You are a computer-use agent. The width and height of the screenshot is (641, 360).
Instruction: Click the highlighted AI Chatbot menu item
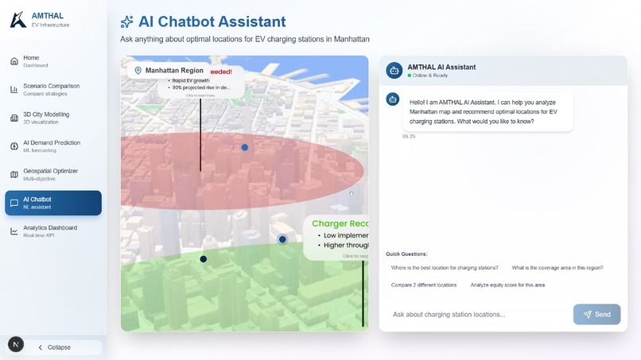pyautogui.click(x=52, y=203)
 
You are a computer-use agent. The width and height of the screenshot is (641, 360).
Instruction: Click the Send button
pyautogui.click(x=596, y=314)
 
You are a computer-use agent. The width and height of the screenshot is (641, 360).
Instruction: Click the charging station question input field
pyautogui.click(x=477, y=314)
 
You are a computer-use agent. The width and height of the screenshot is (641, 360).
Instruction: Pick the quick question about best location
pyautogui.click(x=445, y=268)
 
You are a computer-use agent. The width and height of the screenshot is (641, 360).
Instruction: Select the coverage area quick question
pyautogui.click(x=557, y=268)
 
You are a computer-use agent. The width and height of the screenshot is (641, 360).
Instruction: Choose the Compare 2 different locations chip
pyautogui.click(x=424, y=285)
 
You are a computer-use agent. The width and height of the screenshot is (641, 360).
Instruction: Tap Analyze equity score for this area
pyautogui.click(x=507, y=285)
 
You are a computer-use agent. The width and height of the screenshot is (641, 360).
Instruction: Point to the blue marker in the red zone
pyautogui.click(x=245, y=147)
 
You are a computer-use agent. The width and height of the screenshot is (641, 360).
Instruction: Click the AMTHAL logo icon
pyautogui.click(x=17, y=20)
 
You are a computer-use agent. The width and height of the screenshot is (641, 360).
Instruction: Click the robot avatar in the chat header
pyautogui.click(x=394, y=71)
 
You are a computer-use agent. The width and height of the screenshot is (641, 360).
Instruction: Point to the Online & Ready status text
pyautogui.click(x=429, y=75)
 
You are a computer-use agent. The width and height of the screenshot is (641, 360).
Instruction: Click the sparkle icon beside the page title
pyautogui.click(x=126, y=22)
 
